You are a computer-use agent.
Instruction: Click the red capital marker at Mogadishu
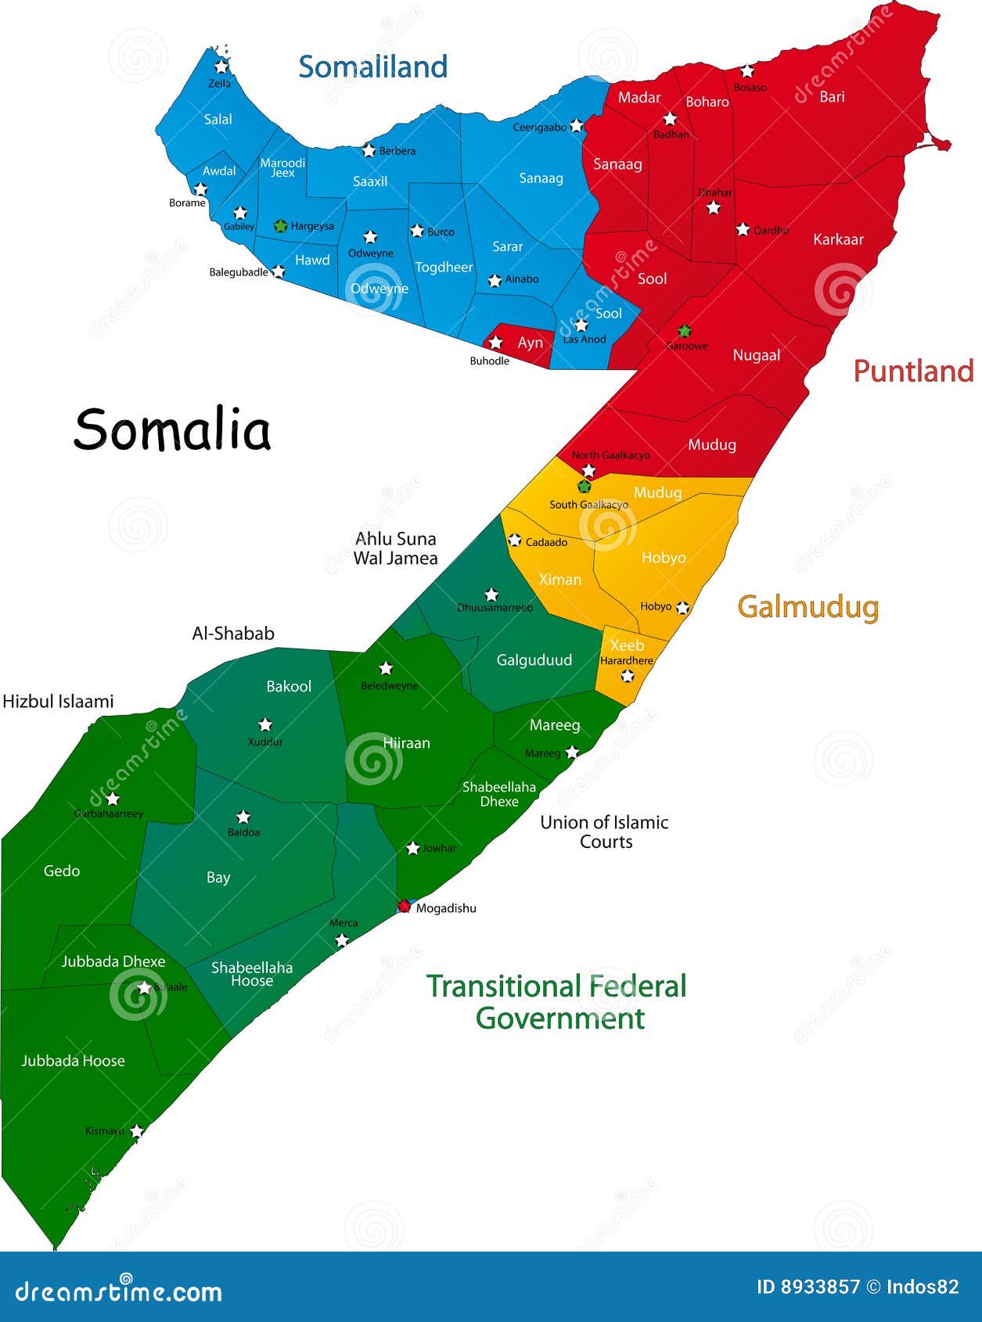[404, 907]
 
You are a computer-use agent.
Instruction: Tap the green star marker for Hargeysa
[280, 226]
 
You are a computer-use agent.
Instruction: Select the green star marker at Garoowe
[685, 331]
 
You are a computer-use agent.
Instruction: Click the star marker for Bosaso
[747, 71]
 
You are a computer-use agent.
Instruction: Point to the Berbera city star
[369, 150]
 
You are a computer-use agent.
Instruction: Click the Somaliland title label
[372, 67]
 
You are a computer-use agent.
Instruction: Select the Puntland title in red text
[913, 371]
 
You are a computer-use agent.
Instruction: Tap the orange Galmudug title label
[808, 607]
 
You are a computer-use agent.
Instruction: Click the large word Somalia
[172, 429]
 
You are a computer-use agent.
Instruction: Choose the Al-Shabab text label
[233, 634]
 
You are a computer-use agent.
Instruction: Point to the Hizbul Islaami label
[58, 702]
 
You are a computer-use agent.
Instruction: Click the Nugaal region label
[756, 355]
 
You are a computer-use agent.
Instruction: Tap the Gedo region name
[62, 871]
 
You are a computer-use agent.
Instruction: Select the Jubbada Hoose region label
[73, 1061]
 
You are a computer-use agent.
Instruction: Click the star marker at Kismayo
[137, 1131]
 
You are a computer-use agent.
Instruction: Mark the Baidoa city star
[243, 817]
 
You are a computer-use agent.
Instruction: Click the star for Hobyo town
[682, 607]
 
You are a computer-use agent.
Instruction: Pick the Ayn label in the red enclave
[530, 343]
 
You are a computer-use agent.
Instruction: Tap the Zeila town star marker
[221, 67]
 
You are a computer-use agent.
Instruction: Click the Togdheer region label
[444, 268]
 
